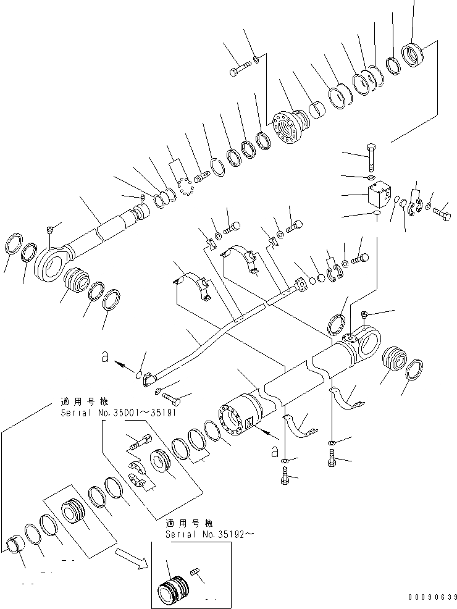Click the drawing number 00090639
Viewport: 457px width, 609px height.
tap(432, 597)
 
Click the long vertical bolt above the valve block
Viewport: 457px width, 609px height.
tap(371, 157)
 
